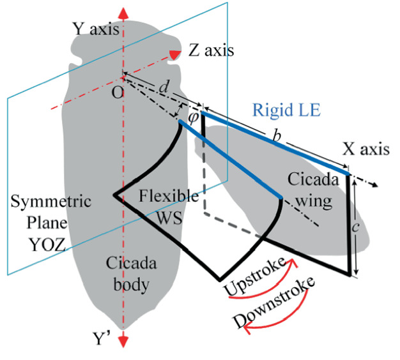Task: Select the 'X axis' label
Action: coord(365,149)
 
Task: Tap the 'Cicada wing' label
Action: coord(310,190)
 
